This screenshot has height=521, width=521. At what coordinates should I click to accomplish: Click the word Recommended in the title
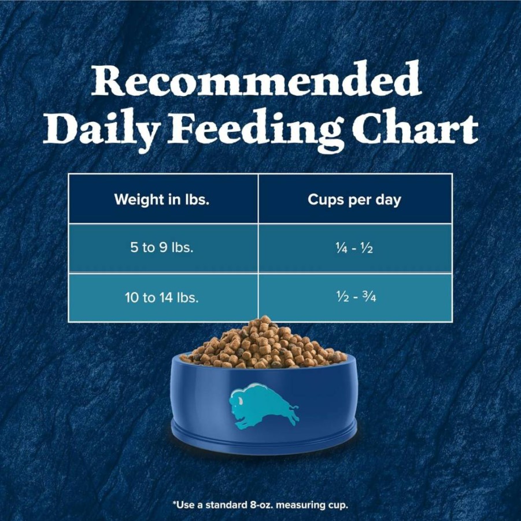[257, 79]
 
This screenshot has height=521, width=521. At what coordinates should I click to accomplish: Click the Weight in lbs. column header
[162, 199]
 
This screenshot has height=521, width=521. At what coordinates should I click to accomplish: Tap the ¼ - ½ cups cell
[354, 248]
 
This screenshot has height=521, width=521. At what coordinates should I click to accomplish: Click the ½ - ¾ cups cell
[356, 297]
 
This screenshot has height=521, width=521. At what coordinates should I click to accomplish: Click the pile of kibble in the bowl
[264, 343]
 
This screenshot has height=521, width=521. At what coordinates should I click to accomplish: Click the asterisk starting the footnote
[175, 503]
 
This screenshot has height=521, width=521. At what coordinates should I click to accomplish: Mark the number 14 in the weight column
[165, 297]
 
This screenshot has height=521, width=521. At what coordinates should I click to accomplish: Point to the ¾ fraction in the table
[370, 297]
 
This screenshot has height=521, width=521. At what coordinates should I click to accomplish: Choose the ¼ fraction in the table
[342, 248]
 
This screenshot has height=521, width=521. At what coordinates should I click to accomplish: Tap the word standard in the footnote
[226, 505]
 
